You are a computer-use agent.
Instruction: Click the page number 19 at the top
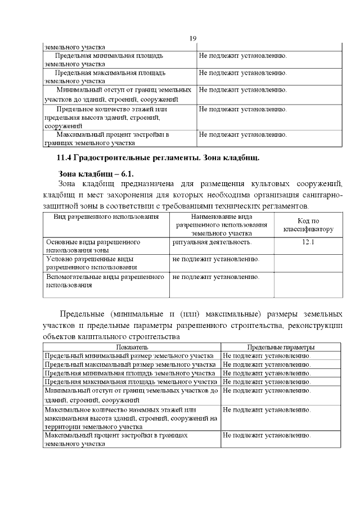[x=192, y=38]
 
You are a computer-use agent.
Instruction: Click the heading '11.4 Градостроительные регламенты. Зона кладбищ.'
[x=157, y=156]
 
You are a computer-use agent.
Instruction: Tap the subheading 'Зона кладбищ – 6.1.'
[x=96, y=173]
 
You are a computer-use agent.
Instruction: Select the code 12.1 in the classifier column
[x=308, y=242]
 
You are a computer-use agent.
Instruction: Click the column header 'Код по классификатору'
[x=308, y=225]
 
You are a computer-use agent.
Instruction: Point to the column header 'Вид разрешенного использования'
[x=106, y=217]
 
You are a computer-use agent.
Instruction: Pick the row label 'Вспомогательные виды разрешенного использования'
[x=104, y=281]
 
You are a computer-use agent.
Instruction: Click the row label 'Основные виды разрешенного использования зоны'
[x=93, y=246]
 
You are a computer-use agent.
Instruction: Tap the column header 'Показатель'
[x=132, y=348]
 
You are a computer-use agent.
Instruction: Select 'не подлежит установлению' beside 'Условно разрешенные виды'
[x=216, y=259]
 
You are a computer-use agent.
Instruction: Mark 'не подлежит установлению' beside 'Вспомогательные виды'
[x=216, y=277]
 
